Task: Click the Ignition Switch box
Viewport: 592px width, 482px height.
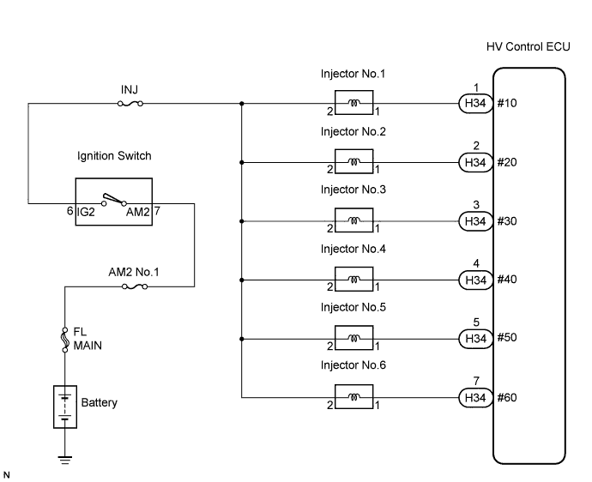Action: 113,201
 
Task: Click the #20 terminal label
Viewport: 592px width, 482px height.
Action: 507,162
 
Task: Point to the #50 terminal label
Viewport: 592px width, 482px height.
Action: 507,338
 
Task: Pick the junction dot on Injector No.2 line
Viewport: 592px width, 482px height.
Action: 242,162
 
